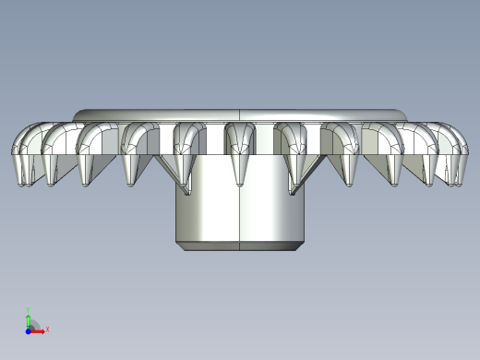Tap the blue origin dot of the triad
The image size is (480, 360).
[29, 330]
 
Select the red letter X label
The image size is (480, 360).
[47, 329]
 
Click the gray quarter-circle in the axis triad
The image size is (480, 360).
[33, 325]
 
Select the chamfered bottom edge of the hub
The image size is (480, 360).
[240, 246]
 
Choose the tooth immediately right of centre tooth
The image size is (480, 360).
[294, 150]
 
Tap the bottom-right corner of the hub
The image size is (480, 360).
[305, 244]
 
